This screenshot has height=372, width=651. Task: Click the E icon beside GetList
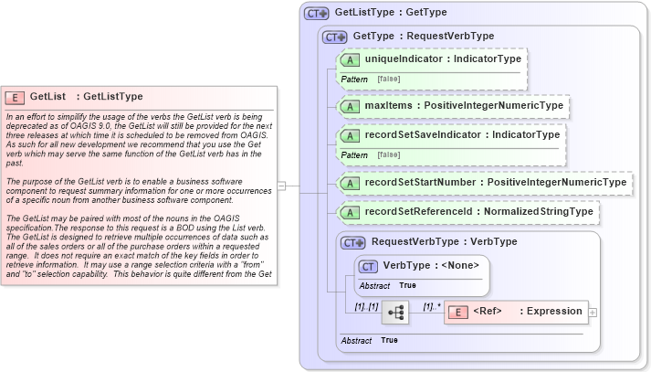coord(15,97)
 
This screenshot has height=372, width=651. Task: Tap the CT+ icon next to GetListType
coord(317,14)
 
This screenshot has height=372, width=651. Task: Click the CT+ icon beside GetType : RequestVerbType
coord(337,37)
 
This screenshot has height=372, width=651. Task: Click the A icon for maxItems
coord(350,106)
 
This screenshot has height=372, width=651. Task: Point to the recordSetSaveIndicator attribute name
coord(423,135)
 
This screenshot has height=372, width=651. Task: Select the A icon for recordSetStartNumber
coord(350,183)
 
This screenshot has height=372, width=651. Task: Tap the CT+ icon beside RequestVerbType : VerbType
coord(353,242)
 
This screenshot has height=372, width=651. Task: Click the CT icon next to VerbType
coord(368,266)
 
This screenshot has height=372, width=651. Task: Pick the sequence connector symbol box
coord(396,312)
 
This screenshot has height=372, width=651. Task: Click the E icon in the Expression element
coord(460,312)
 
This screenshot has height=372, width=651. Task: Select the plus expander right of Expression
coord(593,313)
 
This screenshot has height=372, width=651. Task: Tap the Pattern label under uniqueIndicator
coord(354,80)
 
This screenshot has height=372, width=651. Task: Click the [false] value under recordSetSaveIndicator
coord(389,155)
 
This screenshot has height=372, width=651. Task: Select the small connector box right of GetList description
coord(282,186)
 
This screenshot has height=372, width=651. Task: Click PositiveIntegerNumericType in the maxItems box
coord(493,106)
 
